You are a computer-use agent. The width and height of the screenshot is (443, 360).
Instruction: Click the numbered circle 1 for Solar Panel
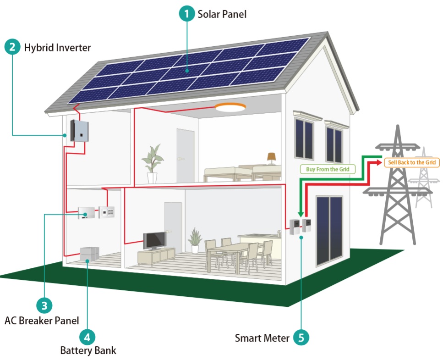(x=186, y=14)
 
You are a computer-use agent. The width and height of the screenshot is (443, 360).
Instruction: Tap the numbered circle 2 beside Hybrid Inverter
(x=12, y=47)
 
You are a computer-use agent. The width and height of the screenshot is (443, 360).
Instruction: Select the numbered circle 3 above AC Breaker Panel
(x=44, y=305)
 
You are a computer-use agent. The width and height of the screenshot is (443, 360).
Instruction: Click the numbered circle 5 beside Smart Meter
(x=301, y=338)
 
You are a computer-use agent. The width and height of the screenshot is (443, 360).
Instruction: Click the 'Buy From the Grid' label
(x=328, y=169)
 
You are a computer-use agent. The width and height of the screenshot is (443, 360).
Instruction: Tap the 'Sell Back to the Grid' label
(x=411, y=162)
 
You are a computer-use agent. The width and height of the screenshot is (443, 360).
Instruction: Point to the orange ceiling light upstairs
(x=230, y=107)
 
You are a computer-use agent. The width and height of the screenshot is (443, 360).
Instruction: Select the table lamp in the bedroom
(x=272, y=158)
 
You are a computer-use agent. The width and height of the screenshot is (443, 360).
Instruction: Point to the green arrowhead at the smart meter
(x=299, y=214)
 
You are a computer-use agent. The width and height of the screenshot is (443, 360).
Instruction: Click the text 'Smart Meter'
(x=262, y=338)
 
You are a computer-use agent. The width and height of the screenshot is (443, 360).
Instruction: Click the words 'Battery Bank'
(x=88, y=351)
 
